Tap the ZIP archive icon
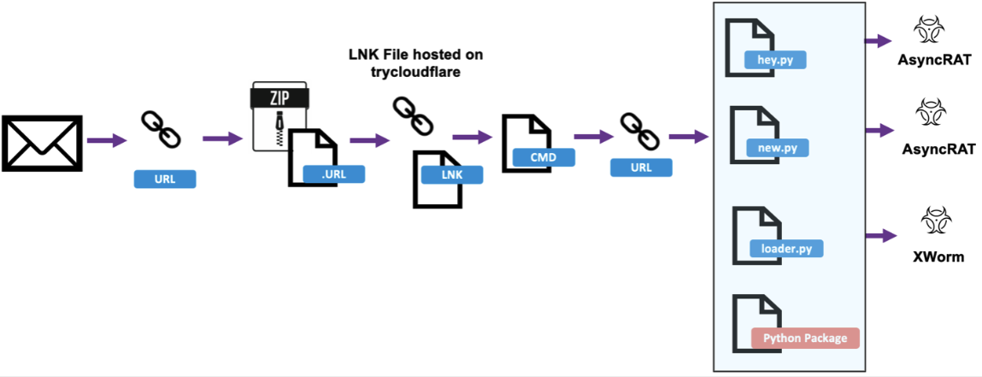click(279, 116)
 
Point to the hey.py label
click(776, 60)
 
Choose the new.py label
click(777, 148)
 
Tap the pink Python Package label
click(804, 338)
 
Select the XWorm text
click(930, 256)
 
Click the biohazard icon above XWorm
click(929, 221)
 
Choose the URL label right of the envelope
click(166, 179)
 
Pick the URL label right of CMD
click(640, 168)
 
